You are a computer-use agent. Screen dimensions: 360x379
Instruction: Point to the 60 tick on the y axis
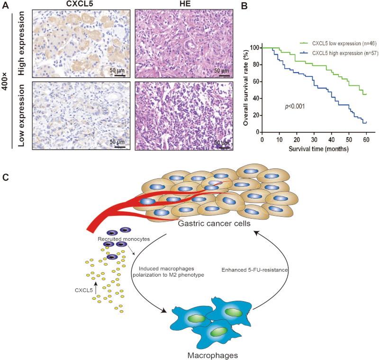coord(256,82)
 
